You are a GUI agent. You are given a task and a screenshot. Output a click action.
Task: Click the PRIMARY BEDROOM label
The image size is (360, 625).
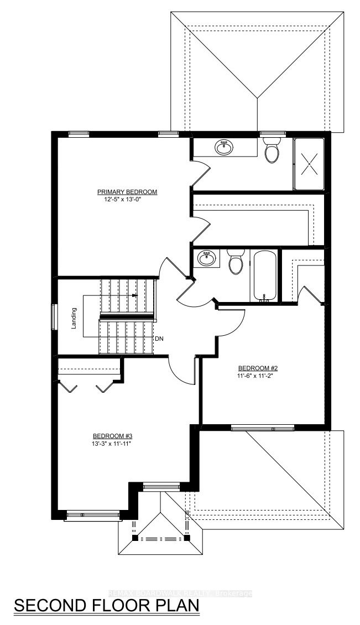(127, 192)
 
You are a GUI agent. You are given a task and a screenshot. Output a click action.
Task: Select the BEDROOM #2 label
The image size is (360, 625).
(255, 368)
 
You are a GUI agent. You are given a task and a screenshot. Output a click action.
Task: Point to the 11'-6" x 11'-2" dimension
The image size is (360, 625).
(255, 375)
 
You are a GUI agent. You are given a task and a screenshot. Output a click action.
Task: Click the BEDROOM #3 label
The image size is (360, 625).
(109, 436)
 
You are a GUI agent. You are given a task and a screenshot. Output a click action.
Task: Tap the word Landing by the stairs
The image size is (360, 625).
(74, 320)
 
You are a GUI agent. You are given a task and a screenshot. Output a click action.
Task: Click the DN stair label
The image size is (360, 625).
(159, 339)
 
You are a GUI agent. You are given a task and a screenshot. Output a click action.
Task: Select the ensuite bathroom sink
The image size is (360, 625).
(224, 148)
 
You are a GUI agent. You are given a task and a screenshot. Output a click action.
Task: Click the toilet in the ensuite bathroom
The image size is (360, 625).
(272, 150)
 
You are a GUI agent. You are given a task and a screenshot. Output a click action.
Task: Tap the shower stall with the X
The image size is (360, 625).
(309, 164)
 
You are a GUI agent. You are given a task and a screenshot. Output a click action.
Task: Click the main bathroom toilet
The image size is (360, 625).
(236, 262)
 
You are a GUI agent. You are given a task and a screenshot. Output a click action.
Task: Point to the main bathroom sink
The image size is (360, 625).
(206, 258)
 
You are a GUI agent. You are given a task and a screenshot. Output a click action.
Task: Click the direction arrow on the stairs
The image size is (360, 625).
(134, 295)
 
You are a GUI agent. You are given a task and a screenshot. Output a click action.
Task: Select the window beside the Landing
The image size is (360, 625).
(54, 317)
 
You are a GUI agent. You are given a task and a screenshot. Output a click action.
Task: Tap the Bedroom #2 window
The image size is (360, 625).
(263, 428)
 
